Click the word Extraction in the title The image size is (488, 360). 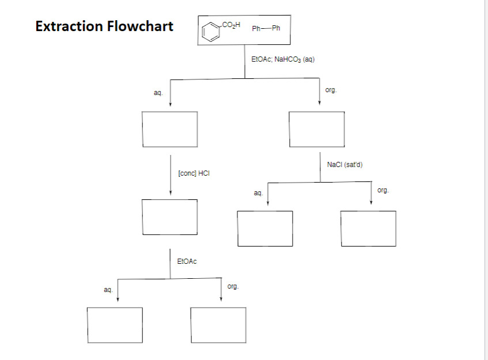pyautogui.click(x=70, y=26)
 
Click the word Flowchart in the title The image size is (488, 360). pyautogui.click(x=140, y=26)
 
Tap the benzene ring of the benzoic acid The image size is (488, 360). pyautogui.click(x=211, y=32)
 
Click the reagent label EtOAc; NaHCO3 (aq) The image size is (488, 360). pyautogui.click(x=283, y=59)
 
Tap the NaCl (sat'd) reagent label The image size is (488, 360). pyautogui.click(x=344, y=165)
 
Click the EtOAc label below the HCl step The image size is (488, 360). pyautogui.click(x=187, y=262)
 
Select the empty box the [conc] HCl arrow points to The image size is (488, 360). pyautogui.click(x=170, y=217)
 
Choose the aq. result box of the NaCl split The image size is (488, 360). pyautogui.click(x=264, y=229)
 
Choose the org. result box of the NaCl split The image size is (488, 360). pyautogui.click(x=368, y=229)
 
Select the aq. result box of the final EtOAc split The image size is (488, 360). pyautogui.click(x=115, y=325)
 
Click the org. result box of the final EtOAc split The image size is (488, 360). pyautogui.click(x=218, y=325)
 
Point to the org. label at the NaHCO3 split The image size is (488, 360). pyautogui.click(x=331, y=90)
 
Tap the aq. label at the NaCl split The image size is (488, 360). pyautogui.click(x=258, y=194)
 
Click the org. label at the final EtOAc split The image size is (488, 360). pyautogui.click(x=233, y=286)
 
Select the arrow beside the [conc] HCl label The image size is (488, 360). pyautogui.click(x=170, y=175)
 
